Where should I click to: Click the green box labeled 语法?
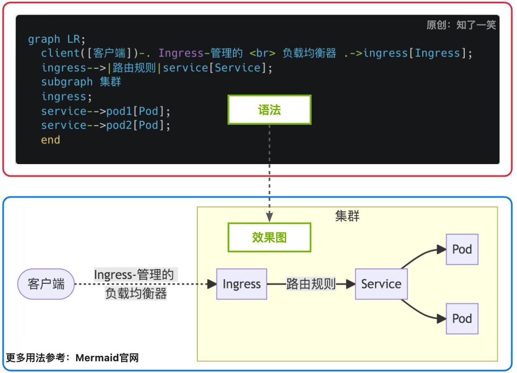pyautogui.click(x=269, y=110)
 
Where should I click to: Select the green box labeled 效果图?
pyautogui.click(x=269, y=237)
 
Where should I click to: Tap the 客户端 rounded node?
pyautogui.click(x=46, y=284)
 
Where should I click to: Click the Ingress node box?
pyautogui.click(x=241, y=284)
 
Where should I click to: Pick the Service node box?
pyautogui.click(x=381, y=284)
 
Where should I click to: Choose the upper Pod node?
pyautogui.click(x=462, y=249)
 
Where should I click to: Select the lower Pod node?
pyautogui.click(x=462, y=319)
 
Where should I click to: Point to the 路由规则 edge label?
pyautogui.click(x=311, y=284)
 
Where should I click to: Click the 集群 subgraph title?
pyautogui.click(x=347, y=216)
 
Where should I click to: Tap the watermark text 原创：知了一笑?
pyautogui.click(x=461, y=25)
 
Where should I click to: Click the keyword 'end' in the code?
pyautogui.click(x=51, y=140)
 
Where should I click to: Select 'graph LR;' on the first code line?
pyautogui.click(x=56, y=39)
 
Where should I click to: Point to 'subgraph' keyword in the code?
pyautogui.click(x=67, y=82)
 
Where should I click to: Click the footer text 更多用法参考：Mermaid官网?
pyautogui.click(x=72, y=358)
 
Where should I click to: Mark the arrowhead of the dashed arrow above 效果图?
pyautogui.click(x=269, y=217)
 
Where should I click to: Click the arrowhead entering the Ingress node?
pyautogui.click(x=212, y=284)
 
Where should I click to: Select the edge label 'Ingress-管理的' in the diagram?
pyautogui.click(x=133, y=275)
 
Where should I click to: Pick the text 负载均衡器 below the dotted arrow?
pyautogui.click(x=136, y=294)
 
